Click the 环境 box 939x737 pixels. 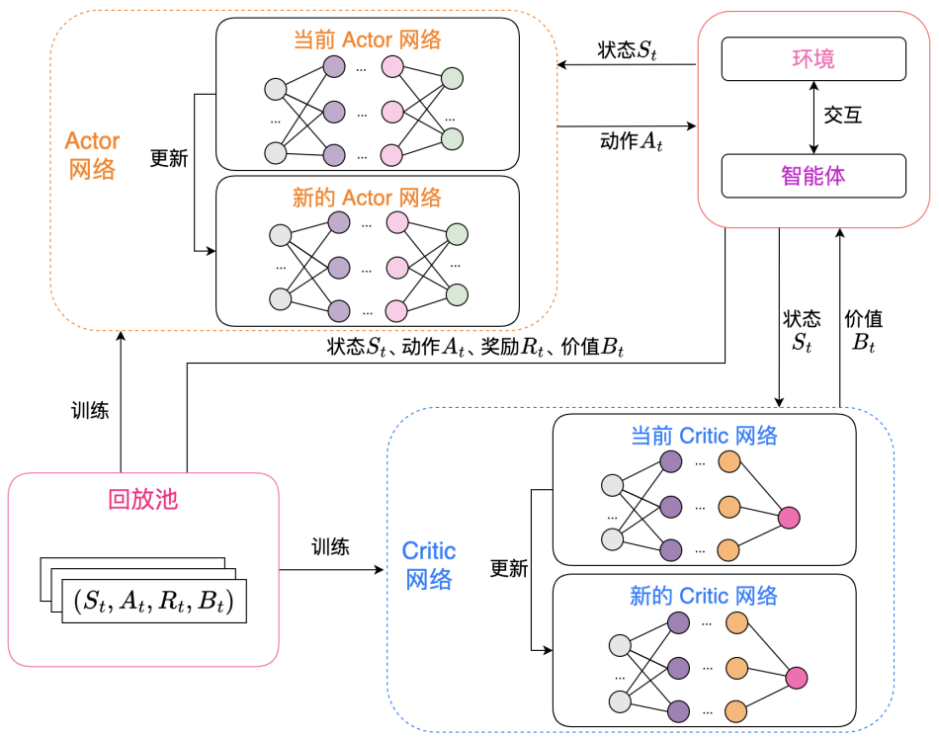coord(813,59)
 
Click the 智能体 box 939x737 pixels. coord(813,176)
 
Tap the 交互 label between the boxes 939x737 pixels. coord(843,116)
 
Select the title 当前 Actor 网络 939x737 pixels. coord(367,41)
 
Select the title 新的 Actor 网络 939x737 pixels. coord(367,198)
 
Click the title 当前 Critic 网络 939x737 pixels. coord(704,435)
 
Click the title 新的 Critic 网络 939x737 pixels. coord(704,596)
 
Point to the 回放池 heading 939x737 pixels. coord(143,499)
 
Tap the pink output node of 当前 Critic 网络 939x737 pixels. coord(789,518)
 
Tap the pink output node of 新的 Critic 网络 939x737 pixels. coord(797,678)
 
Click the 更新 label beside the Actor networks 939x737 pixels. coord(169,158)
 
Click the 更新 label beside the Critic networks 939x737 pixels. coord(509,569)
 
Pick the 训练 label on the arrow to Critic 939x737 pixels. coord(330,546)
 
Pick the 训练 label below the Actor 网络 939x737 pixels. coord(90,410)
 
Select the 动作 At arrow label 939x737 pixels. coord(631,141)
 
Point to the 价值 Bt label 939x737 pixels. coord(863,331)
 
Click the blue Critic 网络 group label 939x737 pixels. coord(429,565)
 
